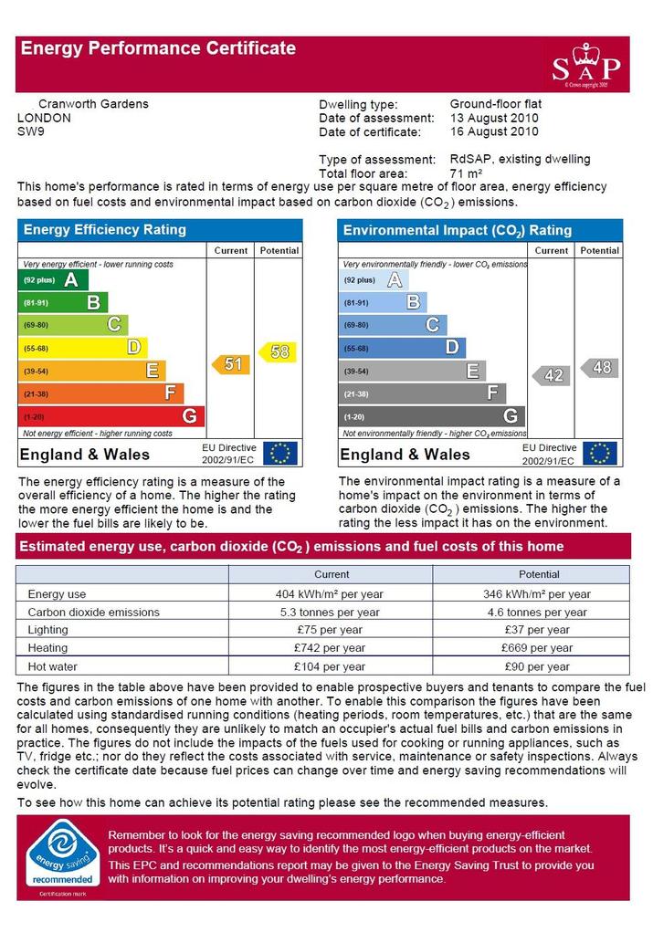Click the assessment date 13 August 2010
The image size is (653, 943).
494,118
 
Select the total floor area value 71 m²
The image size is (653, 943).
466,173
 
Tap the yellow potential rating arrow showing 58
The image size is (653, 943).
278,351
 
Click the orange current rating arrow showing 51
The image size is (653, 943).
230,364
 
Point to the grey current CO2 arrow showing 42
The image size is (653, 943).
551,375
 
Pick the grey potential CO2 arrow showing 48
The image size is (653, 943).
599,368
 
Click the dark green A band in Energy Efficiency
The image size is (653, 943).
54,279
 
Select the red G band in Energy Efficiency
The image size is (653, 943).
111,416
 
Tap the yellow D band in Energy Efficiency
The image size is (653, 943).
83,348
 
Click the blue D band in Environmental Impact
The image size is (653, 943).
402,348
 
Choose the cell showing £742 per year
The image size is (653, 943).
330,648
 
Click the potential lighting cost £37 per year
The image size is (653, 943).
537,630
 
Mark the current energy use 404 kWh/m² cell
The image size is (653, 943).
330,593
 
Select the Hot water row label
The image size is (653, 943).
52,666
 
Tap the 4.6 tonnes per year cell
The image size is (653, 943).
537,613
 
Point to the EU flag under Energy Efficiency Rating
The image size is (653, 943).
280,454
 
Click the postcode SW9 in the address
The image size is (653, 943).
31,131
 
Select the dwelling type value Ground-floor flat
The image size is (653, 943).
496,104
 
